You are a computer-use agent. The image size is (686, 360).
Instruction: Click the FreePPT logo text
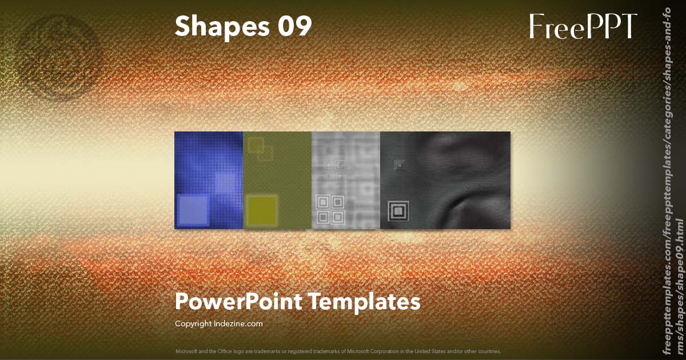click(x=583, y=26)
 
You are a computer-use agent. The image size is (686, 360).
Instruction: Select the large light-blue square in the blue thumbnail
click(x=193, y=210)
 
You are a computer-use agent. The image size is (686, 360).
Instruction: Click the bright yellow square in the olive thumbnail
click(x=262, y=210)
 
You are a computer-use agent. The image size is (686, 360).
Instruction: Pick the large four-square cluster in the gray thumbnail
click(x=330, y=209)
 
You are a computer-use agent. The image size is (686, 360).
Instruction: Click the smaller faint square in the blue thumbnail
click(x=225, y=183)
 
